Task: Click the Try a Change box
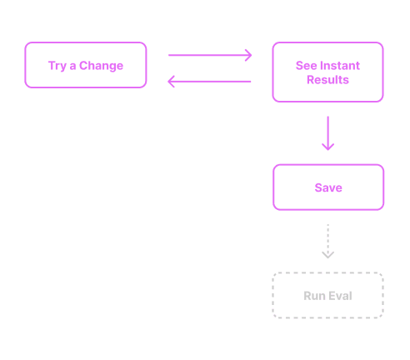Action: [86, 65]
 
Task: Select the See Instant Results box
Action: [327, 72]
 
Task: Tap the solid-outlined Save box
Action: [328, 187]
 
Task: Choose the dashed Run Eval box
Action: [327, 296]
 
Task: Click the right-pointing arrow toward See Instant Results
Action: [210, 56]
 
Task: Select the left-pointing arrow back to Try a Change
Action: [210, 81]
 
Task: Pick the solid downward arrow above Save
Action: [327, 133]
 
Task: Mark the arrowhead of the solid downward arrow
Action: [327, 147]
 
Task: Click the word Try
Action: [57, 66]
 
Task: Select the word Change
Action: [102, 66]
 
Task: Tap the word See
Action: [305, 66]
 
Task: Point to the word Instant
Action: [339, 66]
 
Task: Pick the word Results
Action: [327, 81]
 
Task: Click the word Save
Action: [328, 187]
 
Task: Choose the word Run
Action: [314, 296]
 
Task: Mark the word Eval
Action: [340, 296]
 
